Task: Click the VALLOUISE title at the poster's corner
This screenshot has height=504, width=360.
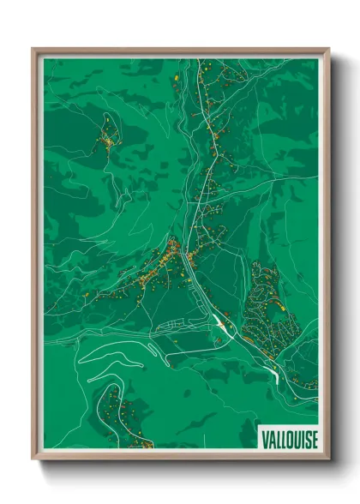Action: pyautogui.click(x=287, y=437)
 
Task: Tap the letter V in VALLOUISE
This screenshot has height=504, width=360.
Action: pyautogui.click(x=264, y=437)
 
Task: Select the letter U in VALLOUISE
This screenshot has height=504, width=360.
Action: pyautogui.click(x=293, y=437)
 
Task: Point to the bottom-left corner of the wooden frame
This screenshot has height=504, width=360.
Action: pyautogui.click(x=33, y=459)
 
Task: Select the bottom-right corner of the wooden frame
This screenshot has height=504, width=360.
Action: pyautogui.click(x=328, y=459)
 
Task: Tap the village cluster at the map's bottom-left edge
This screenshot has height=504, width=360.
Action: pyautogui.click(x=120, y=420)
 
